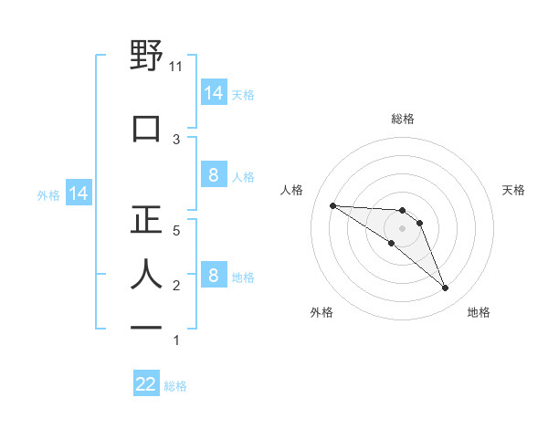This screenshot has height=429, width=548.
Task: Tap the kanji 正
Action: coord(146,218)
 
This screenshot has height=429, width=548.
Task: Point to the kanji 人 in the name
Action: coord(146,274)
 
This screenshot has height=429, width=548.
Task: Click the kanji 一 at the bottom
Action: coord(146,328)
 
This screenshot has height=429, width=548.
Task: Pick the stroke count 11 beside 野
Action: coord(176,67)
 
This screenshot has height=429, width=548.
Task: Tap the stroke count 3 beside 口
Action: coord(176,139)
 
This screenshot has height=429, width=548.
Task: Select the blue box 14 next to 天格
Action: coord(213,93)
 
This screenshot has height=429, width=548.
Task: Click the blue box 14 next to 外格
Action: coord(78,194)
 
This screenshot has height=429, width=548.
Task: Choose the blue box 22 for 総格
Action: coord(146,384)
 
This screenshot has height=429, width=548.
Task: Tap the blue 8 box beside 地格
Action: coord(213,276)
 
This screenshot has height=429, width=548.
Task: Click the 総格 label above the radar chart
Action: coord(403,119)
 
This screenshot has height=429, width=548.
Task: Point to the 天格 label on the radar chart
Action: coord(514,190)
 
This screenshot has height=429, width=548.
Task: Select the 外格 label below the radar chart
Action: coord(321,312)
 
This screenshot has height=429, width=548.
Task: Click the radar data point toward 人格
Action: coord(332,205)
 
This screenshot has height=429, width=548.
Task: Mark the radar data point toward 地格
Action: coord(446,288)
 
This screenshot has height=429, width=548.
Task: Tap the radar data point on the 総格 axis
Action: coord(403,210)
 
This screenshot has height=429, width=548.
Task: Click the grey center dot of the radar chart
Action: coord(403,228)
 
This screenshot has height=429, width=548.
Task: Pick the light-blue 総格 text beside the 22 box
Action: coord(175,386)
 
